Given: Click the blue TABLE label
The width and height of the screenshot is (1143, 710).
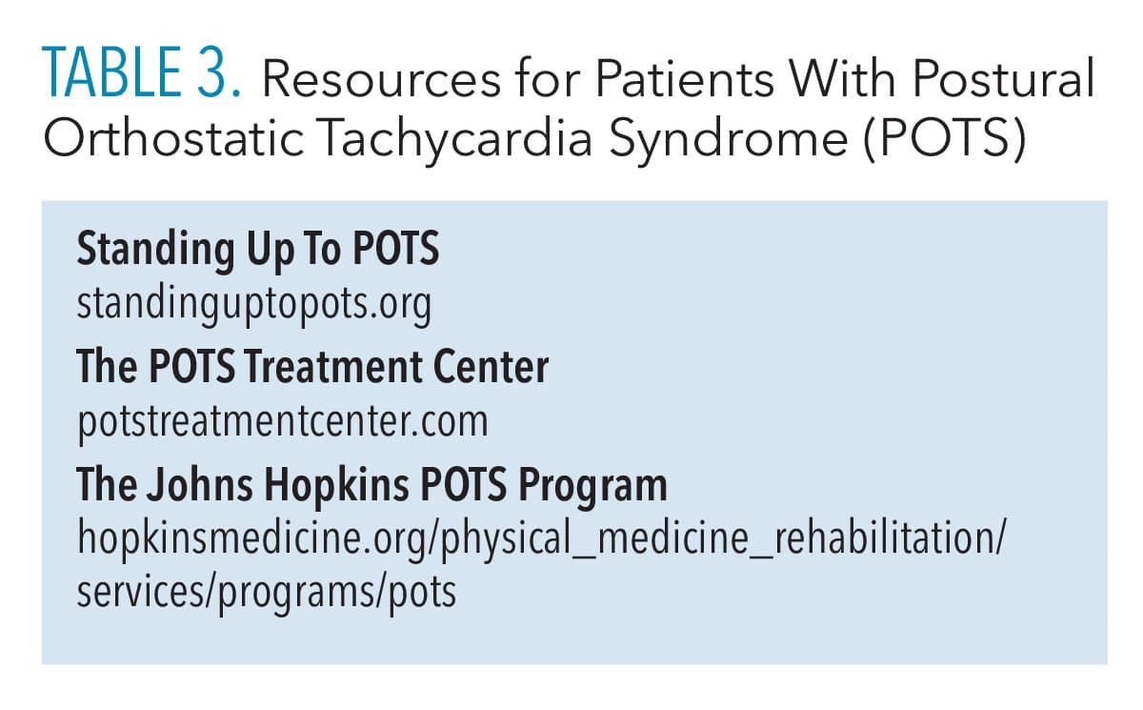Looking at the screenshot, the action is click(111, 72).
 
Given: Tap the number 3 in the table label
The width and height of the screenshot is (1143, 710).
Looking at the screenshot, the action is click(211, 72).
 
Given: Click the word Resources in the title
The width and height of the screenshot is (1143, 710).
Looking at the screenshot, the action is click(381, 80).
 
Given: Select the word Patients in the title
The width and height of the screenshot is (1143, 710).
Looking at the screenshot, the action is click(685, 78).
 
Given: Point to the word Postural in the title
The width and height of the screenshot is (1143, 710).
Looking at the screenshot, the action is click(1004, 78).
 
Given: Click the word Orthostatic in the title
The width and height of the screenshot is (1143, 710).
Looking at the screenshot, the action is click(173, 137).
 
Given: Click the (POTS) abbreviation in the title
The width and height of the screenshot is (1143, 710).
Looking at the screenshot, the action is click(945, 139).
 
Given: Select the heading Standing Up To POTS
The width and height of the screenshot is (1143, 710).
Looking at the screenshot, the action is click(258, 250).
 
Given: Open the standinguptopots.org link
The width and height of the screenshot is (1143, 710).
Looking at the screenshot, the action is click(254, 304).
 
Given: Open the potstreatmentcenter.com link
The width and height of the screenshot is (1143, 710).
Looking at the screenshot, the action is click(283, 423).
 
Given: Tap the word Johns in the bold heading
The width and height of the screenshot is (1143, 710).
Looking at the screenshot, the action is click(199, 484).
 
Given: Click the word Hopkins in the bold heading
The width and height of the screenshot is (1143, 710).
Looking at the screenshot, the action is click(337, 486).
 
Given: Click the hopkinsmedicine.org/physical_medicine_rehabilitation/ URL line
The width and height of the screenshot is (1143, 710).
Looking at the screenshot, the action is click(541, 539).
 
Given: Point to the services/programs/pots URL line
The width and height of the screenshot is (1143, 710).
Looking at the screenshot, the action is click(267, 594).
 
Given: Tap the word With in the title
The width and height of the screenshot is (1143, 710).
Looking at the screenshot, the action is click(843, 78).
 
